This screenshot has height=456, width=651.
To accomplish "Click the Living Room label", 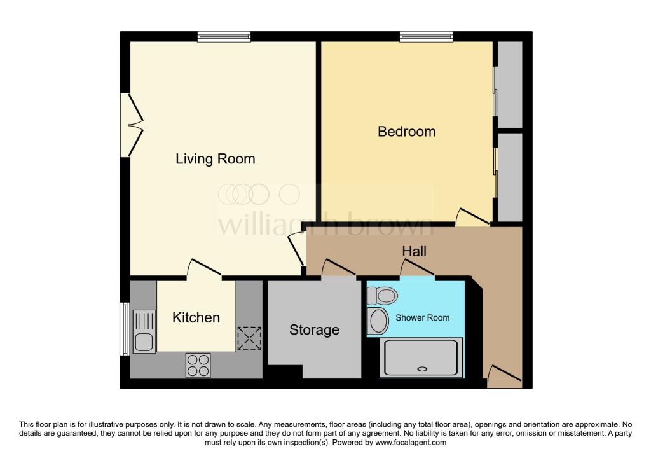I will pyautogui.click(x=215, y=158).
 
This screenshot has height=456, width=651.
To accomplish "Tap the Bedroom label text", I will pyautogui.click(x=406, y=132).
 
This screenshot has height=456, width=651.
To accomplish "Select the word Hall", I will pyautogui.click(x=414, y=251).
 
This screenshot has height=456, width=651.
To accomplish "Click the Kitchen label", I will pyautogui.click(x=196, y=317).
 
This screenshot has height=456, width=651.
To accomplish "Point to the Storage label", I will pyautogui.click(x=314, y=329).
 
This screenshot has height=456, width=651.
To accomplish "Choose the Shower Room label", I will pyautogui.click(x=423, y=317).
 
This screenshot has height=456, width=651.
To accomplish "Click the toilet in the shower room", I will pyautogui.click(x=383, y=295).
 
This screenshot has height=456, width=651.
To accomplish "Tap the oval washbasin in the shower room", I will pyautogui.click(x=379, y=321).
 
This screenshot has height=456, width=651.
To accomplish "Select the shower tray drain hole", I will pyautogui.click(x=420, y=369).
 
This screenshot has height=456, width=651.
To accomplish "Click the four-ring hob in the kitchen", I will pyautogui.click(x=198, y=364).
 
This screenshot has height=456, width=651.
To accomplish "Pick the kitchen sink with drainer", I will pyautogui.click(x=144, y=331).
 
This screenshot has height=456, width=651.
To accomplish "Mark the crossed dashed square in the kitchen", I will pyautogui.click(x=249, y=338).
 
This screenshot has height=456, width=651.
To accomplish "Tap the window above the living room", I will pyautogui.click(x=223, y=37).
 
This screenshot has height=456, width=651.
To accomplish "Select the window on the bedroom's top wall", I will pyautogui.click(x=426, y=37).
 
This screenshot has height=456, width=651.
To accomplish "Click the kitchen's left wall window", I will pyautogui.click(x=124, y=329).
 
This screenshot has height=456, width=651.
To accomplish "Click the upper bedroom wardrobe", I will pyautogui.click(x=509, y=85).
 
